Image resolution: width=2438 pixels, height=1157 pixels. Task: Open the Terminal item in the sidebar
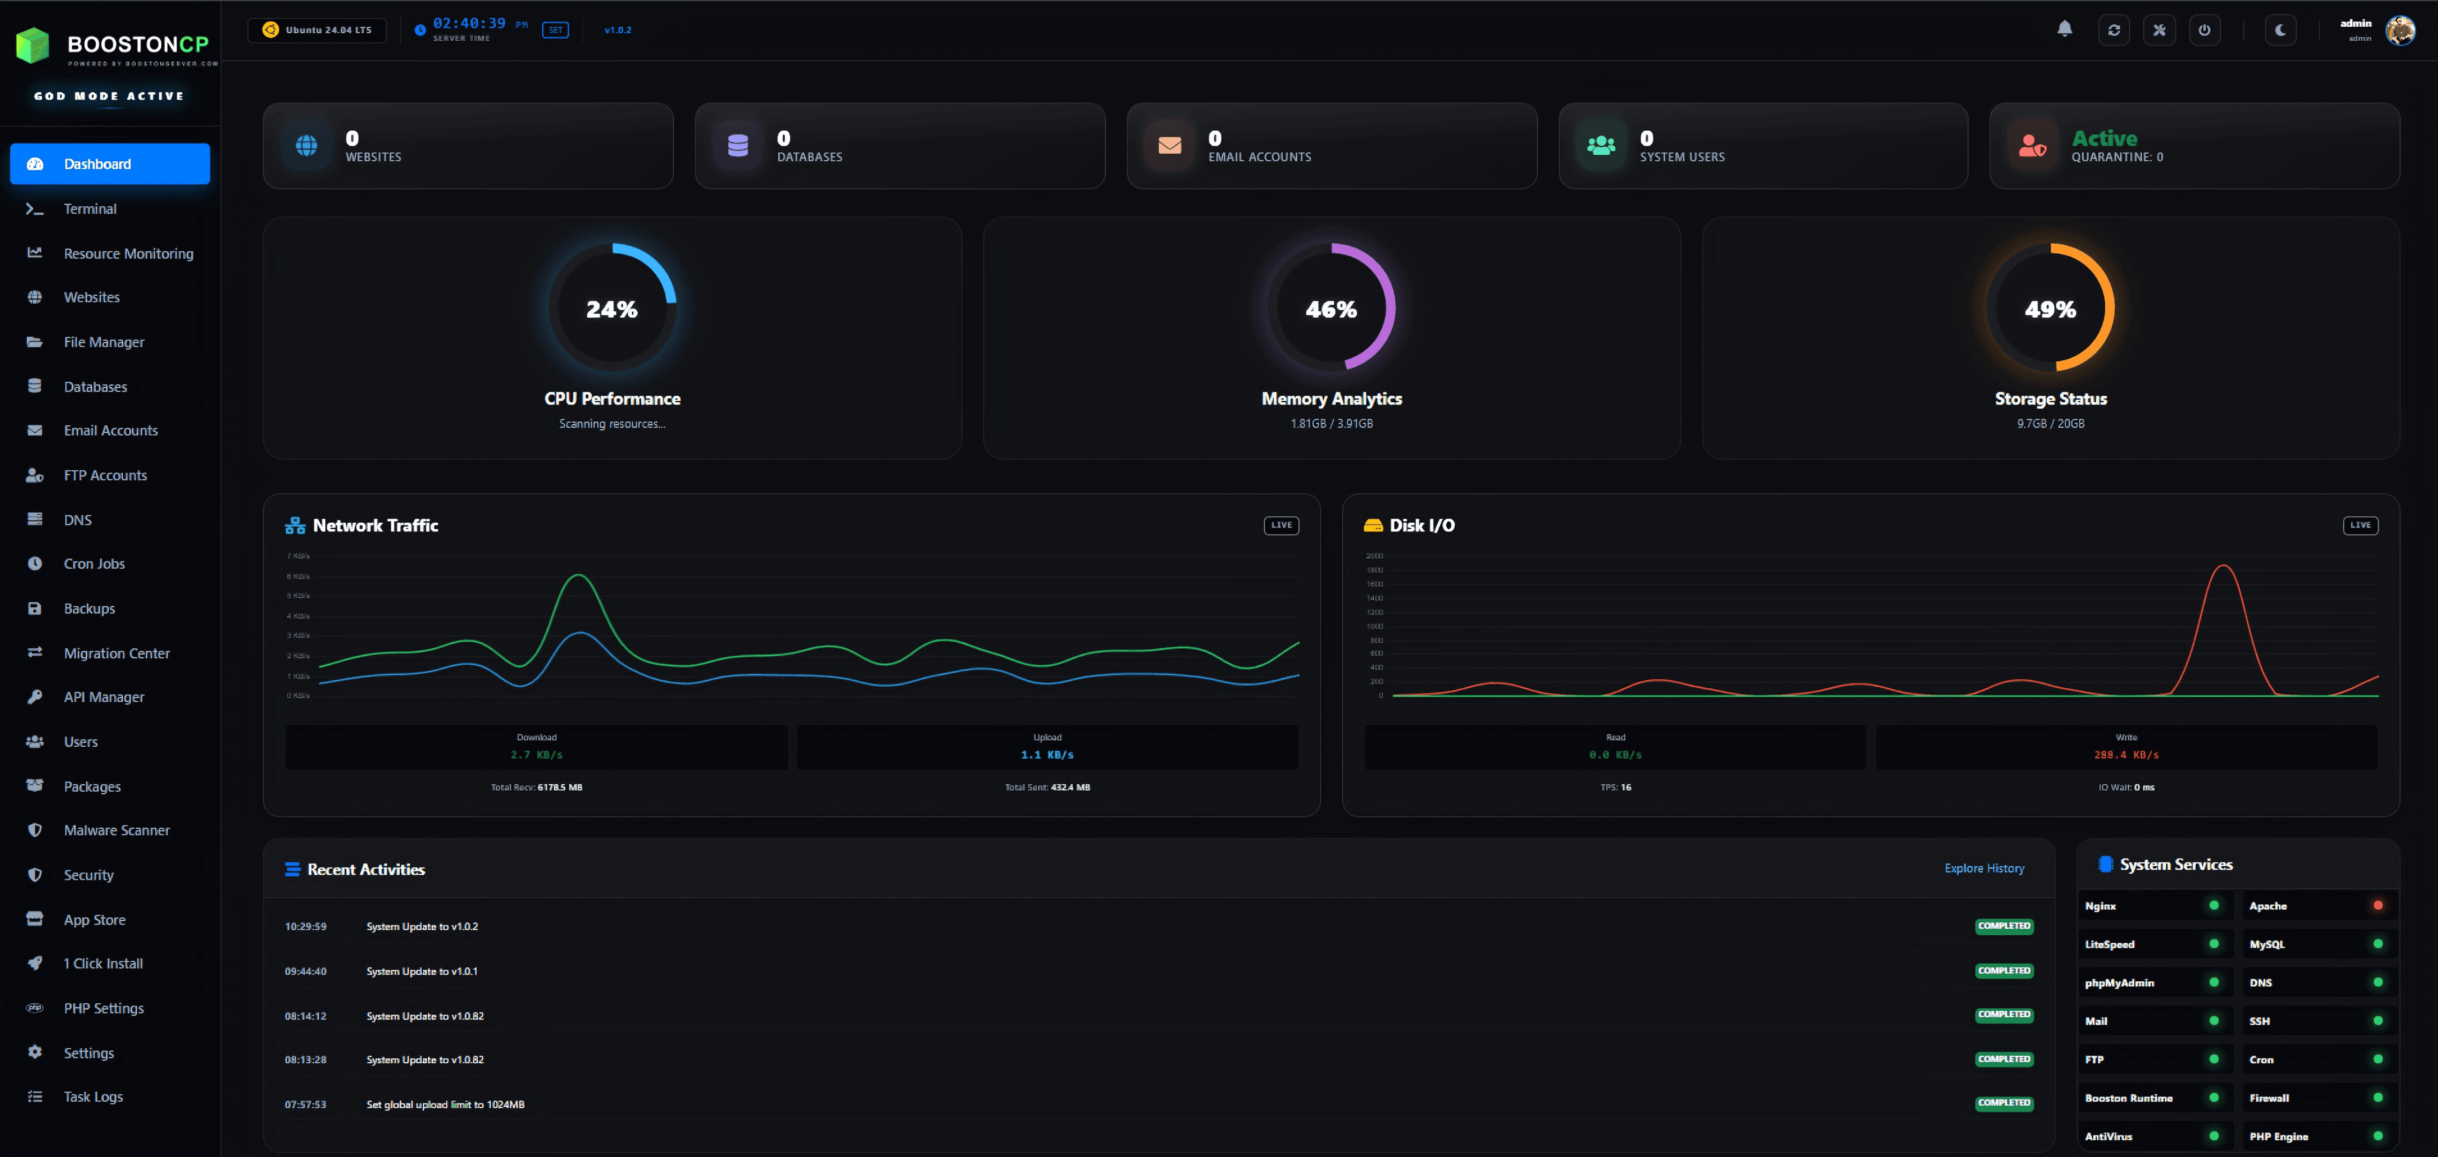click(x=90, y=209)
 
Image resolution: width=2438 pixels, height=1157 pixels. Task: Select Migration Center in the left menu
click(x=116, y=653)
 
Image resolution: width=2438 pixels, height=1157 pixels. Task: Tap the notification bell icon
click(x=2064, y=29)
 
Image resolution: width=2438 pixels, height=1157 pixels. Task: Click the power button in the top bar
click(x=2204, y=31)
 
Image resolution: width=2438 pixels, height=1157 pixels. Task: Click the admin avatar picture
click(x=2399, y=31)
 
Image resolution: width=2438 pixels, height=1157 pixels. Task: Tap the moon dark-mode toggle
click(x=2280, y=31)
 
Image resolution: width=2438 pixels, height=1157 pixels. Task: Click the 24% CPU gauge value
click(x=611, y=310)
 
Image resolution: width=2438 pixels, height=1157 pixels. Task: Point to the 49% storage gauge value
click(x=2050, y=310)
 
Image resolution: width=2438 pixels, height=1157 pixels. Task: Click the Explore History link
click(x=1984, y=868)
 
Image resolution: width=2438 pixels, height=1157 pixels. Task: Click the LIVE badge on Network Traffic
click(x=1281, y=525)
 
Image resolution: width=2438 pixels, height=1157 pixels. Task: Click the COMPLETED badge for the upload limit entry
click(x=2003, y=1103)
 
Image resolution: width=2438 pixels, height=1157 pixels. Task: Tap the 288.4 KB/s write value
click(x=2126, y=755)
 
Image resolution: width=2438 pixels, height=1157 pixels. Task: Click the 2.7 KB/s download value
click(x=536, y=755)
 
